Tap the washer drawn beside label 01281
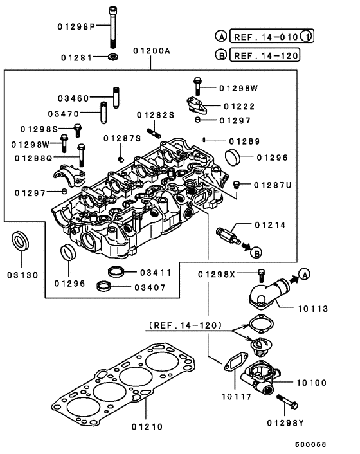(x=114, y=58)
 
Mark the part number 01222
(x=240, y=105)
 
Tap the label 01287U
(x=272, y=185)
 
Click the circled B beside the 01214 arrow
(x=255, y=250)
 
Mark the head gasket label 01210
(x=147, y=425)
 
